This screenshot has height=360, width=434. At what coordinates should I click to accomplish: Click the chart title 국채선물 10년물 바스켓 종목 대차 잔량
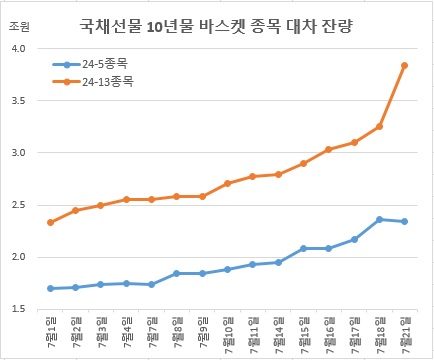[223, 25]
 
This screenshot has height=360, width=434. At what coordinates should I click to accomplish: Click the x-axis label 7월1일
[51, 331]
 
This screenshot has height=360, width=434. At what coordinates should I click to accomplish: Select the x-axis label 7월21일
[404, 333]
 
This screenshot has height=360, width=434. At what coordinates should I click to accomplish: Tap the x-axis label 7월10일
[227, 333]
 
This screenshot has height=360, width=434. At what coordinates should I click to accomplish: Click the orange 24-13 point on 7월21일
[404, 65]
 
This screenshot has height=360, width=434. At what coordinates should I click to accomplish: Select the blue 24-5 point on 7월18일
[379, 219]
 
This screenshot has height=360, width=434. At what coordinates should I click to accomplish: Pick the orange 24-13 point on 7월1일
[51, 222]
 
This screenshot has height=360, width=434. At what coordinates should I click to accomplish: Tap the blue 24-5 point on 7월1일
[51, 288]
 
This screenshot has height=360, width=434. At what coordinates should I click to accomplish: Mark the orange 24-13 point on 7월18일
[379, 126]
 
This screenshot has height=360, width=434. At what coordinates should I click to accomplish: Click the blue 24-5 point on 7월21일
[404, 221]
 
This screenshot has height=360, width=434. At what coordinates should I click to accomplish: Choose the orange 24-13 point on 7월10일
[227, 183]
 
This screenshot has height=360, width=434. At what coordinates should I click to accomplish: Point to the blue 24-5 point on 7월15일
[303, 248]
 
